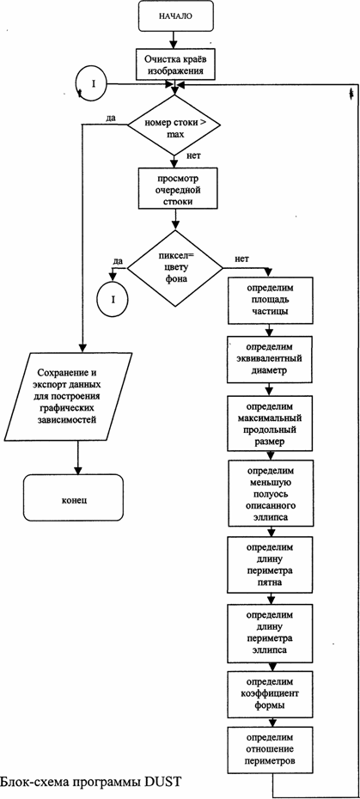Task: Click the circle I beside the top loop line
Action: click(x=94, y=83)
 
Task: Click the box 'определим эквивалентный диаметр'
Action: click(x=269, y=359)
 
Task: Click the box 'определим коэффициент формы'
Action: click(x=269, y=694)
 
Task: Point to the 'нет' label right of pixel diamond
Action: click(x=242, y=259)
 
